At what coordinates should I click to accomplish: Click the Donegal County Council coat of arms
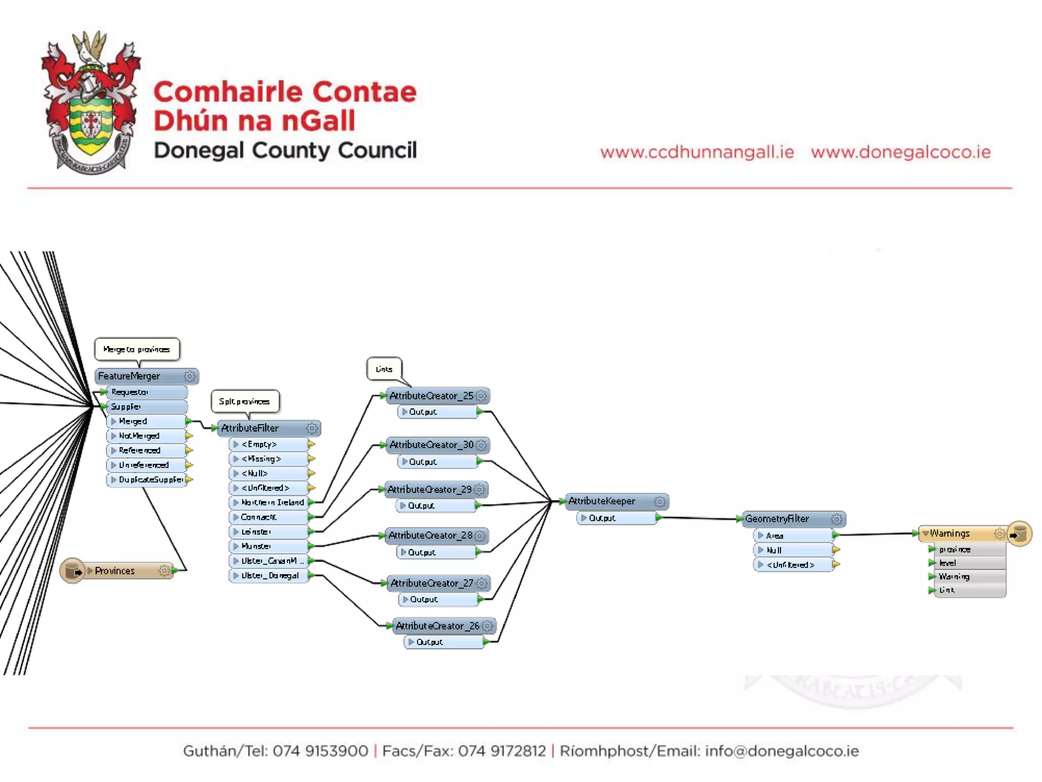pos(91,102)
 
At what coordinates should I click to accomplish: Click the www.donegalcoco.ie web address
pos(901,152)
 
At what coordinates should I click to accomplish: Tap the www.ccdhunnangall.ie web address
pos(697,152)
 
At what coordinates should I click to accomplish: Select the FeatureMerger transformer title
pos(129,376)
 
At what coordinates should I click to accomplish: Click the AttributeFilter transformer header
pos(250,428)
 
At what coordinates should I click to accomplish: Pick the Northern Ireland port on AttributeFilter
pos(272,502)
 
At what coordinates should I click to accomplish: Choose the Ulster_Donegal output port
pos(270,576)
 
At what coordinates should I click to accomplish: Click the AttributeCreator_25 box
pos(431,396)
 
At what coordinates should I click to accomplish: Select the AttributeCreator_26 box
pos(438,626)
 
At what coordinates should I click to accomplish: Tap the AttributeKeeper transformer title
pos(602,501)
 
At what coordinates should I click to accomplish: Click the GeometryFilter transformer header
pos(777,519)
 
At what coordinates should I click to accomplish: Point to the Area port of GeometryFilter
pos(774,536)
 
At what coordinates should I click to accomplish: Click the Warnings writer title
pos(949,534)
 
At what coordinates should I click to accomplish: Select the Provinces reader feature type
pos(115,571)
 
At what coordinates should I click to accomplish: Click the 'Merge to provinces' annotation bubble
pos(136,349)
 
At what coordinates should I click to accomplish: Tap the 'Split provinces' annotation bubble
pos(244,401)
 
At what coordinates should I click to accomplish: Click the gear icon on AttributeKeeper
pos(659,501)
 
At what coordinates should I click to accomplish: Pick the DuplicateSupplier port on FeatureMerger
pos(150,480)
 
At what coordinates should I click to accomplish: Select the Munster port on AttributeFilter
pos(256,546)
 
